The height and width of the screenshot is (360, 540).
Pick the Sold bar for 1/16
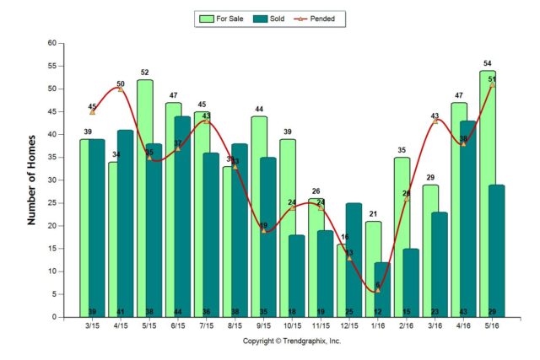[382, 290]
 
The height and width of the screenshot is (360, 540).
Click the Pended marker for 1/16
[377, 290]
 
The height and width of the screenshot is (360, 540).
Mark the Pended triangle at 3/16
[435, 121]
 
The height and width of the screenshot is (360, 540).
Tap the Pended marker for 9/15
[263, 230]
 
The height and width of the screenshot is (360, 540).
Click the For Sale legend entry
[222, 18]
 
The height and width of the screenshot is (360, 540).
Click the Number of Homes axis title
[33, 180]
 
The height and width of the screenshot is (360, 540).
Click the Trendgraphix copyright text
[292, 341]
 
